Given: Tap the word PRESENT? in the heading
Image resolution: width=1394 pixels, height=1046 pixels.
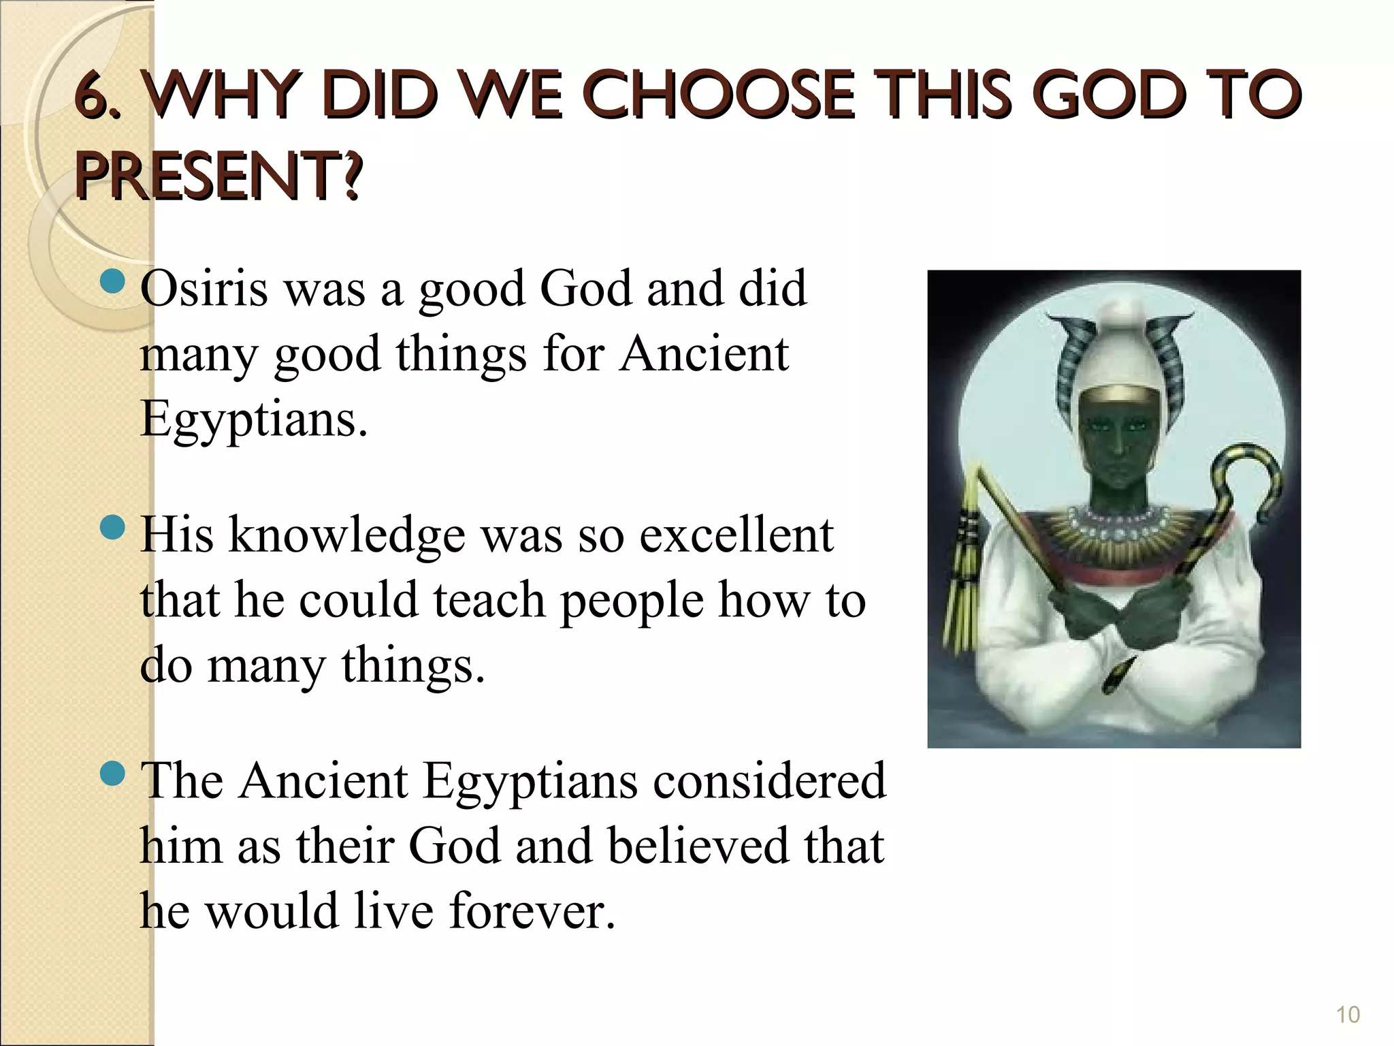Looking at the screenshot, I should (218, 177).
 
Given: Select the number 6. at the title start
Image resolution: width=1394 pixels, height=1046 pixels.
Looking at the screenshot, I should (102, 97).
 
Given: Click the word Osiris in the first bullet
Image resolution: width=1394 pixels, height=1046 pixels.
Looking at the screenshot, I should (204, 288).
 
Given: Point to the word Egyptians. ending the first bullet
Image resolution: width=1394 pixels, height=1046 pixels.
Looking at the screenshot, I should (253, 419).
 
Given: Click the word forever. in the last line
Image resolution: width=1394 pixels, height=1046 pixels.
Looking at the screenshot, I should (532, 911).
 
